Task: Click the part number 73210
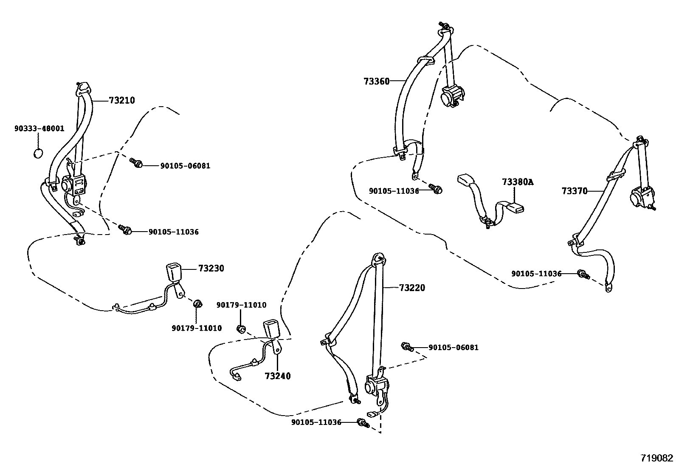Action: pyautogui.click(x=121, y=100)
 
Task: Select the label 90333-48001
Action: pyautogui.click(x=39, y=128)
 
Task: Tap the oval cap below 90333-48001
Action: pyautogui.click(x=38, y=153)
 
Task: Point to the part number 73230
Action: pyautogui.click(x=211, y=269)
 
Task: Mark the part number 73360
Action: pyautogui.click(x=376, y=81)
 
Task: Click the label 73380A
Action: pyautogui.click(x=517, y=182)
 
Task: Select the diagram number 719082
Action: pyautogui.click(x=657, y=458)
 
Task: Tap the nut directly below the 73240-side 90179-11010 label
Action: pyautogui.click(x=240, y=329)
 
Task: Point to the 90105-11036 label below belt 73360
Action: pyautogui.click(x=394, y=191)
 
